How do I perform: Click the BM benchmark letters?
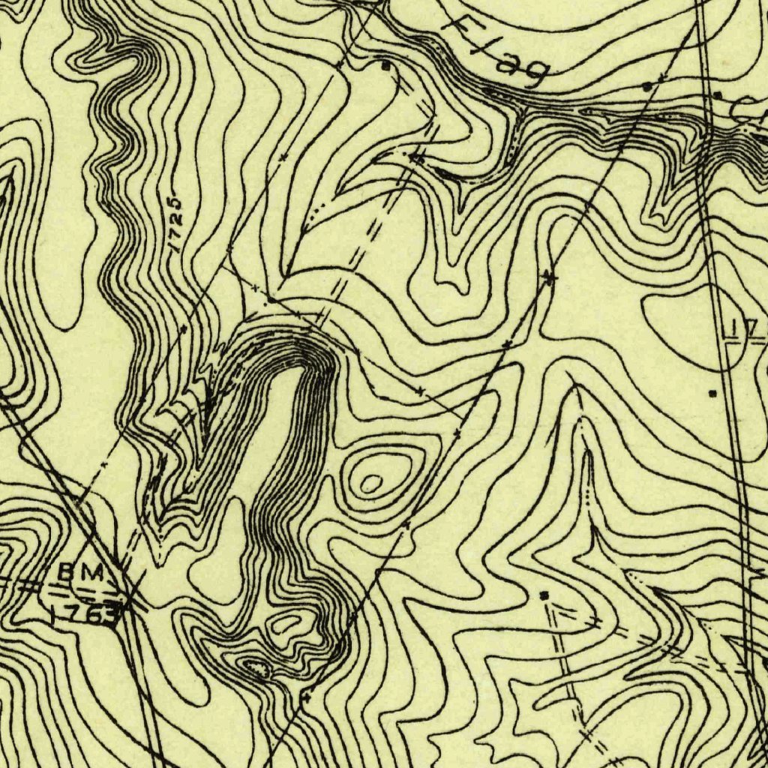[x=80, y=572]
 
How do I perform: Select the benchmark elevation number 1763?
[x=85, y=614]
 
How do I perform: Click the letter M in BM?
[x=91, y=572]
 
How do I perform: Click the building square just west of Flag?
[x=386, y=66]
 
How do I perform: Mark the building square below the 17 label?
[x=712, y=392]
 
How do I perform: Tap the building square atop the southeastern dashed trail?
[x=545, y=595]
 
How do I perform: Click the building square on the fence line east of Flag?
[x=649, y=87]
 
